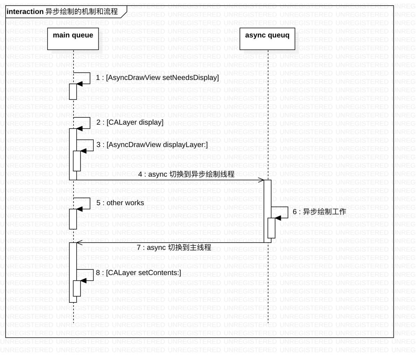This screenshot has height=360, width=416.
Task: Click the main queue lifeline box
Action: [x=73, y=38]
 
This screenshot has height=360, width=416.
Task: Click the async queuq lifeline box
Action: [x=267, y=38]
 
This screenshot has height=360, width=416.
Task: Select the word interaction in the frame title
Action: [x=25, y=12]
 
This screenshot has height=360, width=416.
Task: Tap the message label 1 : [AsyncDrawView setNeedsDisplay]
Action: [x=157, y=78]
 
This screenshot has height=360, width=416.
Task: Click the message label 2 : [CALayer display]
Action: [x=130, y=122]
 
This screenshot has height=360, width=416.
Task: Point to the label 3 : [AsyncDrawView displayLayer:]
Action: [x=152, y=144]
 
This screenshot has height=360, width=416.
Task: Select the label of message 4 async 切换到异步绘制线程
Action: [x=186, y=174]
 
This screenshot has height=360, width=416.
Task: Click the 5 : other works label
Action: [x=120, y=203]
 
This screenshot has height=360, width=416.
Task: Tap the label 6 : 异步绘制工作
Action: [x=319, y=212]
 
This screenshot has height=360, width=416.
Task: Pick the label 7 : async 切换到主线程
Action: [x=174, y=247]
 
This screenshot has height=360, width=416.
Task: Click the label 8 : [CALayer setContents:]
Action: [x=138, y=273]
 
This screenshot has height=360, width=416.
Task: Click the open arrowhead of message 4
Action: [x=261, y=180]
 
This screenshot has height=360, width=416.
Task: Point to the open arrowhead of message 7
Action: [x=79, y=243]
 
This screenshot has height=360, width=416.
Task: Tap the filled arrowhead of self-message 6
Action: [x=278, y=218]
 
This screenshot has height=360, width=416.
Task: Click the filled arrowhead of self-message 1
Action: [x=79, y=84]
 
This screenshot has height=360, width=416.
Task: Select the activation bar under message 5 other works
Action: [x=73, y=219]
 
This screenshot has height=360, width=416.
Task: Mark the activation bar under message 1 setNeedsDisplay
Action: [x=73, y=91]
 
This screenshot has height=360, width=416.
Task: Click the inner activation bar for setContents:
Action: [x=77, y=288]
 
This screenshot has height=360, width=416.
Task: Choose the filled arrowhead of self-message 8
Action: [x=83, y=280]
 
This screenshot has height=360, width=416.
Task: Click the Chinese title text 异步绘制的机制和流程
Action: [x=81, y=12]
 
